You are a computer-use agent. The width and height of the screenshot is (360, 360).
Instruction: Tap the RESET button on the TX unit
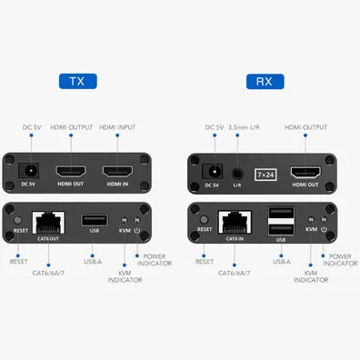[18, 221]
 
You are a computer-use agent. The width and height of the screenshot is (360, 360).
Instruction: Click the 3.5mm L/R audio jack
[237, 170]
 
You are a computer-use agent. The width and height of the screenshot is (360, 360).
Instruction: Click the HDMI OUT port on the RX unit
[305, 170]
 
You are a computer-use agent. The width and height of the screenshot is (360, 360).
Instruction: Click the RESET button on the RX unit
[205, 221]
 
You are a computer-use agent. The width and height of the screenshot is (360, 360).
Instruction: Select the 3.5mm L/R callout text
[248, 127]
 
